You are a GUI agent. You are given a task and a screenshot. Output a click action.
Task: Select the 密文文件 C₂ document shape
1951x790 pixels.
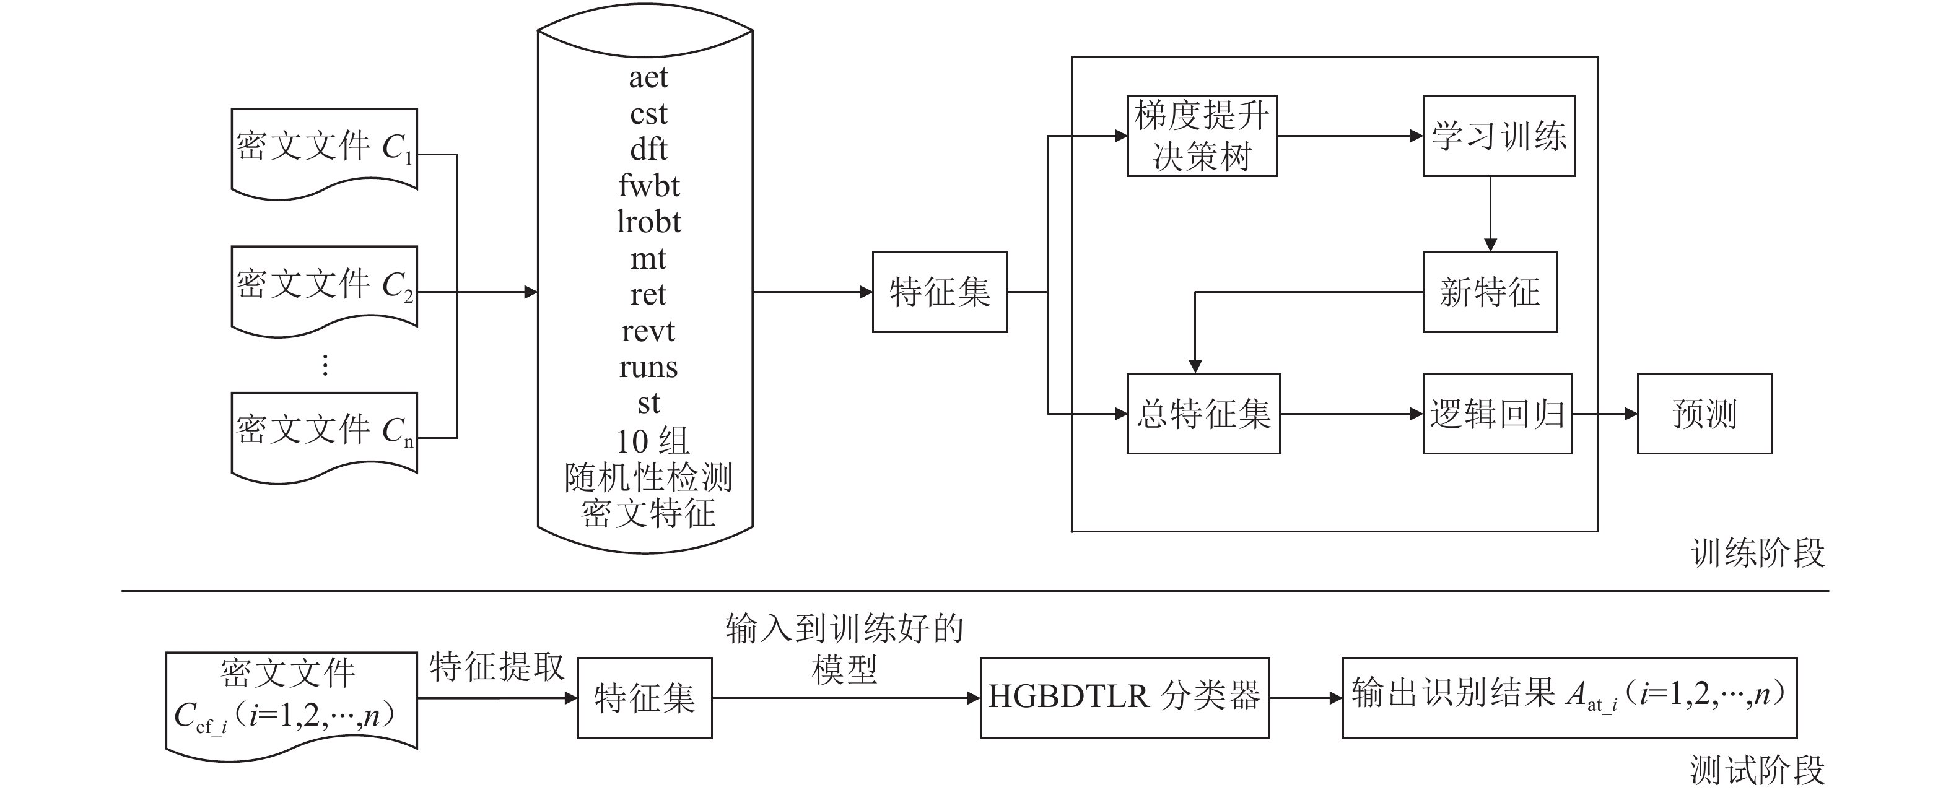click(x=324, y=288)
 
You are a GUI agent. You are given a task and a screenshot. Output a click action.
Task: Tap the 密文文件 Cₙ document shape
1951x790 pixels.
click(x=324, y=433)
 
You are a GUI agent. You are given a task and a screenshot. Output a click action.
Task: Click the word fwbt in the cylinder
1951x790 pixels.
click(x=648, y=186)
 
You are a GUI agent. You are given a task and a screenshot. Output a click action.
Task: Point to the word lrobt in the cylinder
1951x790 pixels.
click(x=648, y=222)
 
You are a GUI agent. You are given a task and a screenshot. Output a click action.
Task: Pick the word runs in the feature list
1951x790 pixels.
click(x=648, y=367)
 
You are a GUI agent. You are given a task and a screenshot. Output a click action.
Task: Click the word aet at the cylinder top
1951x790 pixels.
click(x=648, y=77)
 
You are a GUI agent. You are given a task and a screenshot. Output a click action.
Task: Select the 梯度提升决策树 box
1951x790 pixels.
click(x=1202, y=136)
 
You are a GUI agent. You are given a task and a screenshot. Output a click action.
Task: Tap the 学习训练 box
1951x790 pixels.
click(x=1498, y=136)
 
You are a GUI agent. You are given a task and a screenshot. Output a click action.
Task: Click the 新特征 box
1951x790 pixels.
click(x=1490, y=292)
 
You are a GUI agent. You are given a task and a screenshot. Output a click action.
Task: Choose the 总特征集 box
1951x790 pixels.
click(x=1203, y=414)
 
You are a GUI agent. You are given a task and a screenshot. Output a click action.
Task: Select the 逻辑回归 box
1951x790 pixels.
click(x=1498, y=414)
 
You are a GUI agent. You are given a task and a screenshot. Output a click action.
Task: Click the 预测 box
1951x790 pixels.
click(x=1704, y=414)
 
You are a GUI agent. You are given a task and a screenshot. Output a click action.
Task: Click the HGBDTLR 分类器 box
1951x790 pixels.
click(x=1124, y=698)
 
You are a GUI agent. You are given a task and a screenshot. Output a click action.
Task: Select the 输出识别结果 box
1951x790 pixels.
click(x=1569, y=698)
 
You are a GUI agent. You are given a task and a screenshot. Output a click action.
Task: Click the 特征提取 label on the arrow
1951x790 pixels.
click(x=497, y=667)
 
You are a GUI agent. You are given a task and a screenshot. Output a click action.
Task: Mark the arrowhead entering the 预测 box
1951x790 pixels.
click(x=1631, y=414)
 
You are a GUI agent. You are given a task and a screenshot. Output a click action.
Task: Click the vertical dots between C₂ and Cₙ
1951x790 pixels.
click(x=325, y=365)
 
